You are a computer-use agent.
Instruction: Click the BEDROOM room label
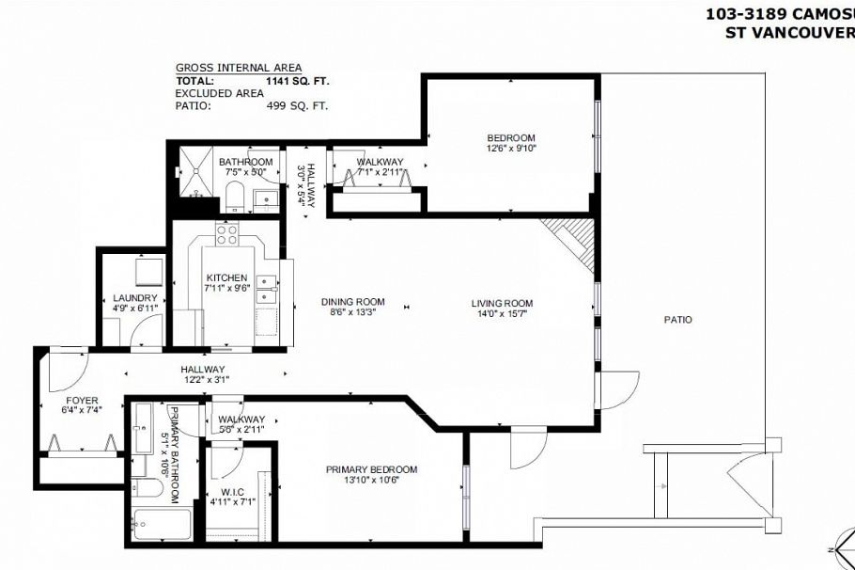[510, 137]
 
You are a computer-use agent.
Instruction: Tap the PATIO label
[677, 320]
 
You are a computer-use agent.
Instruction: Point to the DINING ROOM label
[350, 303]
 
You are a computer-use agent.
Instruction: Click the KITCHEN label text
[226, 277]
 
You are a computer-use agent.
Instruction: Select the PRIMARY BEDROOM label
[371, 469]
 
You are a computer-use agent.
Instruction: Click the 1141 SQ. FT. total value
[297, 81]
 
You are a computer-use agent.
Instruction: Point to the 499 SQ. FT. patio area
[297, 106]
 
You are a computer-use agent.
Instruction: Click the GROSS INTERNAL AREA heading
[239, 68]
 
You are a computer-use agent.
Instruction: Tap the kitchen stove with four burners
[227, 234]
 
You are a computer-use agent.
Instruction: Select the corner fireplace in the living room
[571, 242]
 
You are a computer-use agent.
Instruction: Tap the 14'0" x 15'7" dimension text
[502, 314]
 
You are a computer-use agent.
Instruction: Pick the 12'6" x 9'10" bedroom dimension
[510, 149]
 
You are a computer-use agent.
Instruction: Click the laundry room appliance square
[148, 273]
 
